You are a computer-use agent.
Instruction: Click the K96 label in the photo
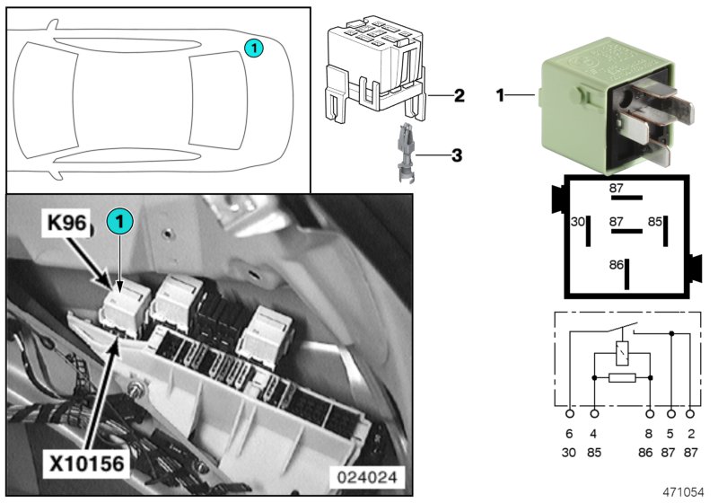[x=66, y=225]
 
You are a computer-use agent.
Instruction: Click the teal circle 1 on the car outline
[x=254, y=47]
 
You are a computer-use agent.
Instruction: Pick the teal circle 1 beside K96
[x=119, y=220]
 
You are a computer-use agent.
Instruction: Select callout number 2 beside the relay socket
[x=458, y=94]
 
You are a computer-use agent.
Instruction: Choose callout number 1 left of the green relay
[x=501, y=94]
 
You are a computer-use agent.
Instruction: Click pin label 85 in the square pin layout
[x=655, y=221]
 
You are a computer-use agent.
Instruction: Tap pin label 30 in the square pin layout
[x=578, y=221]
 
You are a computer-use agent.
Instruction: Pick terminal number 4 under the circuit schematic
[x=594, y=434]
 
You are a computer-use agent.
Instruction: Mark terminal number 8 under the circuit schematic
[x=649, y=434]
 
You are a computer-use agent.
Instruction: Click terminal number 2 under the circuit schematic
[x=690, y=434]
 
